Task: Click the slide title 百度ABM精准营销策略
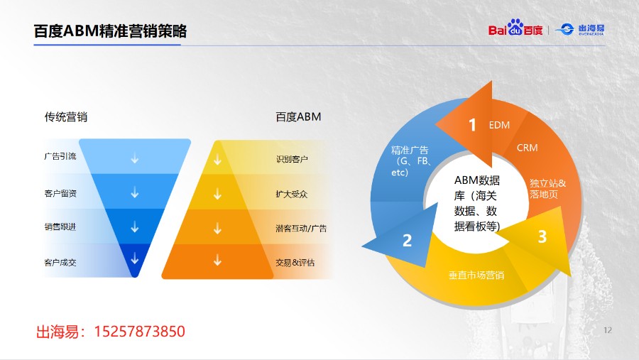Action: tap(110, 31)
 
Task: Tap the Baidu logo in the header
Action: tap(515, 28)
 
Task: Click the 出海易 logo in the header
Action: tap(580, 29)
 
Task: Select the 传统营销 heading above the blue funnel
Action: tap(66, 117)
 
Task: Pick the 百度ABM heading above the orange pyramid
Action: tap(298, 117)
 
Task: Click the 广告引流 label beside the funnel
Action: tap(60, 156)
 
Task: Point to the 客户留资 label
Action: tap(60, 193)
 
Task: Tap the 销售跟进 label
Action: tap(60, 227)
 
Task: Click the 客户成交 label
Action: tap(60, 263)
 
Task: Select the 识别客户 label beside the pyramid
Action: tap(292, 159)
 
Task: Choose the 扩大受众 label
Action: tap(292, 194)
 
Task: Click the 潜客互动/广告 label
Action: tap(301, 229)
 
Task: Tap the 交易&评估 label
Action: tap(295, 263)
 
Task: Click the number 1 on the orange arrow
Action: tap(472, 125)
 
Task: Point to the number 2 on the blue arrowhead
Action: tap(407, 241)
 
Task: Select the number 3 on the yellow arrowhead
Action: tap(542, 236)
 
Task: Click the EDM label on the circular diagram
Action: tap(499, 125)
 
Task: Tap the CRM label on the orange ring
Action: tap(528, 148)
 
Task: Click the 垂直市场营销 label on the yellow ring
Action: tap(476, 276)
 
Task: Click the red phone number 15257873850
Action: tap(139, 332)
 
